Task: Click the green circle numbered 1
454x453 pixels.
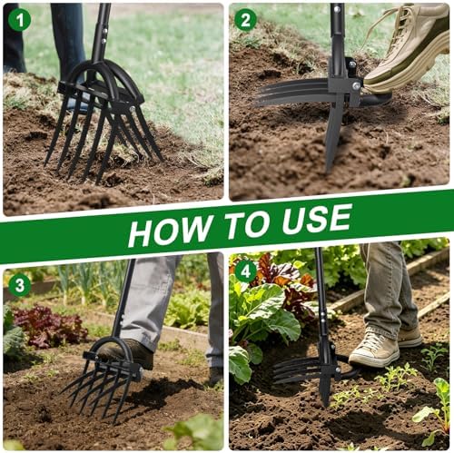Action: [x=20, y=20]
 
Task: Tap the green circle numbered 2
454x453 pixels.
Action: [x=245, y=20]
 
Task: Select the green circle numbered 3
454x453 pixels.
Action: [x=20, y=285]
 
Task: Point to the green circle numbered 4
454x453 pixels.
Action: [x=245, y=271]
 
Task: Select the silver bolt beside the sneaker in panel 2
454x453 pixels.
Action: [x=357, y=86]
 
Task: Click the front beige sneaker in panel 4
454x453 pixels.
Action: [x=374, y=348]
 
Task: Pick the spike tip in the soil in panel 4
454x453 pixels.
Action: [x=326, y=404]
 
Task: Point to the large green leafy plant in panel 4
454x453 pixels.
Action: [x=263, y=311]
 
